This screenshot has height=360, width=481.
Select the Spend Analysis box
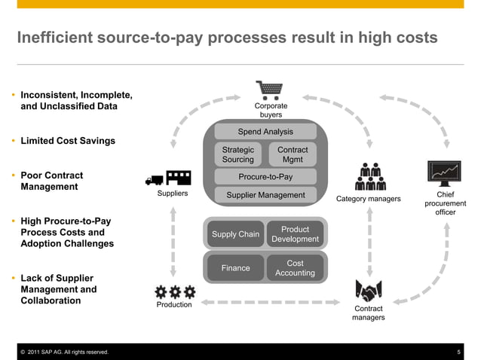[x=265, y=132]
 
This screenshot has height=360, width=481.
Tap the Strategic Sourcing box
[x=238, y=154]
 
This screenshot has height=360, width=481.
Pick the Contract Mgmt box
[x=293, y=154]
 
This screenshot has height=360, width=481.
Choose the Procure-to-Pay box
[x=265, y=177]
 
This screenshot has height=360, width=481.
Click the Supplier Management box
[x=265, y=195]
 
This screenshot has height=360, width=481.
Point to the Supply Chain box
[x=235, y=234]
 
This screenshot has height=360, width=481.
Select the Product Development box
[x=295, y=234]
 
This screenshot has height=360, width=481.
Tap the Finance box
[x=235, y=267]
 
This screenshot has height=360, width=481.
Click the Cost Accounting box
[x=295, y=267]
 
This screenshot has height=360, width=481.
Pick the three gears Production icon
[x=174, y=291]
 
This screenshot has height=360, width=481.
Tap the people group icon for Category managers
[x=369, y=177]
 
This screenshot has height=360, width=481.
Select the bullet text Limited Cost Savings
[x=68, y=141]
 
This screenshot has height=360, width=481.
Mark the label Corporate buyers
[x=271, y=111]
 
